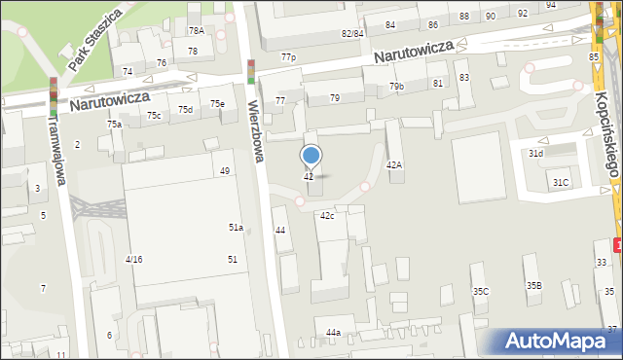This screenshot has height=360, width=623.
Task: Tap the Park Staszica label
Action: coord(95,42)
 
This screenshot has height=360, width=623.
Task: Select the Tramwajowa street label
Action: coord(57,146)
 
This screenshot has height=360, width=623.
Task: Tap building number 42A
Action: coord(393,165)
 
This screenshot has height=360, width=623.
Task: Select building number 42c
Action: coord(327,215)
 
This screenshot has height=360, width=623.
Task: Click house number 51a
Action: coord(236,227)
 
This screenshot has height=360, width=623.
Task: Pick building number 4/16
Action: coord(134,259)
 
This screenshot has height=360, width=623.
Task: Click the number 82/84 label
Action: coord(352,33)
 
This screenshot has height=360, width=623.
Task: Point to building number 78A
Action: coord(196,31)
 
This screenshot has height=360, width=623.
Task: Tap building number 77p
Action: coord(288,58)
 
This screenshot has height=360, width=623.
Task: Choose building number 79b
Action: coord(396,87)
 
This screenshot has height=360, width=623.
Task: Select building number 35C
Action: coord(480,291)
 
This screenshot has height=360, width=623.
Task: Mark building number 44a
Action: coord(334,333)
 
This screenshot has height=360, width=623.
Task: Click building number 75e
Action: coord(217,103)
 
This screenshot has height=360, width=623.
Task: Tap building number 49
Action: coord(225,171)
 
